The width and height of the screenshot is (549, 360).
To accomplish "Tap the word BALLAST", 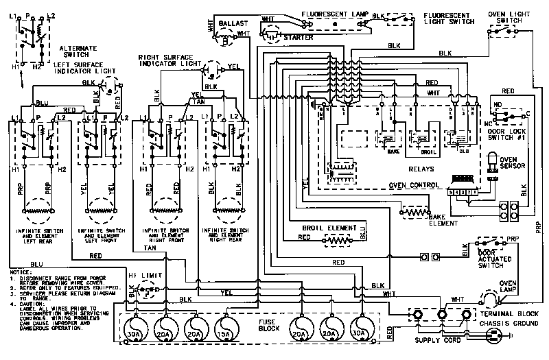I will click(x=233, y=23).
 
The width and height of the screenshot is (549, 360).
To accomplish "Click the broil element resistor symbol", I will click(x=336, y=240).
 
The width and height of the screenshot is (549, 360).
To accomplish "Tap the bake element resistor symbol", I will click(x=414, y=213).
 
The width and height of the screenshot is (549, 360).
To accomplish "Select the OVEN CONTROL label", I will click(x=413, y=185).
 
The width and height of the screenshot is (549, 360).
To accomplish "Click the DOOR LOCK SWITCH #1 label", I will click(x=509, y=134).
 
